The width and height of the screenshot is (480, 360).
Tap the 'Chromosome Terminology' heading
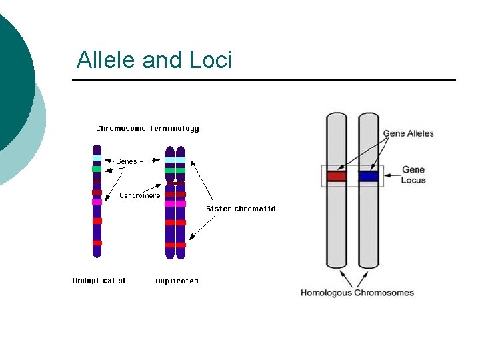click(x=147, y=128)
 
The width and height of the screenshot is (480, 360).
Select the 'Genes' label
click(x=127, y=161)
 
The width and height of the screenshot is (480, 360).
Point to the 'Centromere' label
click(x=140, y=195)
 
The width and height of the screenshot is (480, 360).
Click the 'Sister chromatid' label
click(x=240, y=209)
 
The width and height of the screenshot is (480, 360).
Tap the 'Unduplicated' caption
click(x=99, y=281)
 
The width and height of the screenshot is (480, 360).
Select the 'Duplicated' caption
click(x=177, y=281)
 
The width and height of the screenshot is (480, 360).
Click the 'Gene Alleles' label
click(x=408, y=133)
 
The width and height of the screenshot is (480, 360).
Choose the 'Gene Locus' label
click(x=413, y=175)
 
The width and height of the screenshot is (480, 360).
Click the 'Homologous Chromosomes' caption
click(x=357, y=293)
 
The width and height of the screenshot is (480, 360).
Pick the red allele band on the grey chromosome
click(x=337, y=177)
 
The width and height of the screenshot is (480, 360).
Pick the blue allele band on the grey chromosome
click(x=369, y=177)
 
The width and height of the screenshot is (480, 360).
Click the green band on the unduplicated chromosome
click(x=97, y=169)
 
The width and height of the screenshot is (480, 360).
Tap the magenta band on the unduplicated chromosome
click(x=97, y=201)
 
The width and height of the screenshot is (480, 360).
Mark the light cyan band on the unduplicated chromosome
click(x=97, y=159)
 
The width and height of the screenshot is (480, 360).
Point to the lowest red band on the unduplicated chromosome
click(x=97, y=243)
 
